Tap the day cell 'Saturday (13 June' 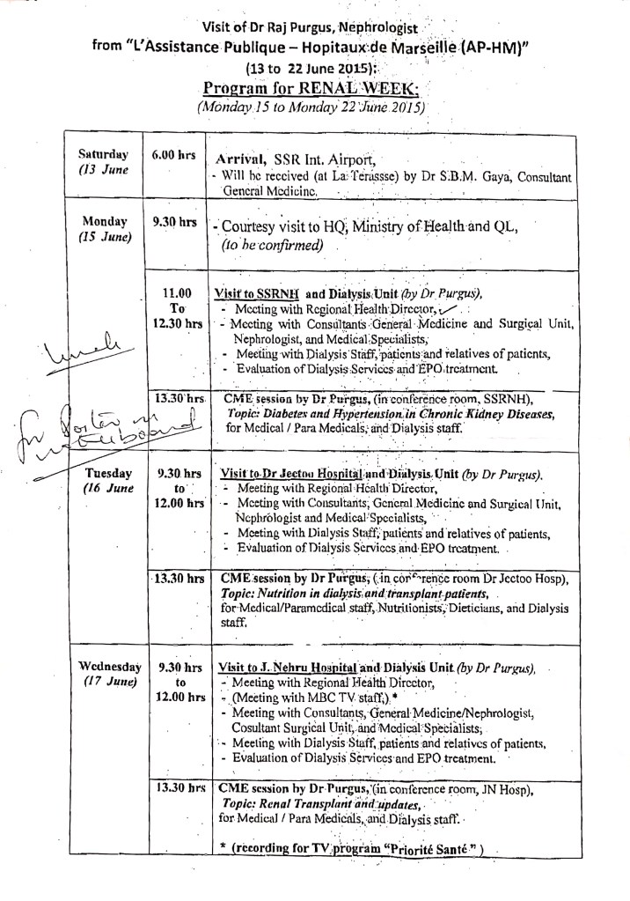[x=105, y=162]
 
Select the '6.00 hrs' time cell [x=173, y=154]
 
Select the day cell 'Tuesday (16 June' [x=105, y=480]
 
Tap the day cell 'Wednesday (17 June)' [x=105, y=673]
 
